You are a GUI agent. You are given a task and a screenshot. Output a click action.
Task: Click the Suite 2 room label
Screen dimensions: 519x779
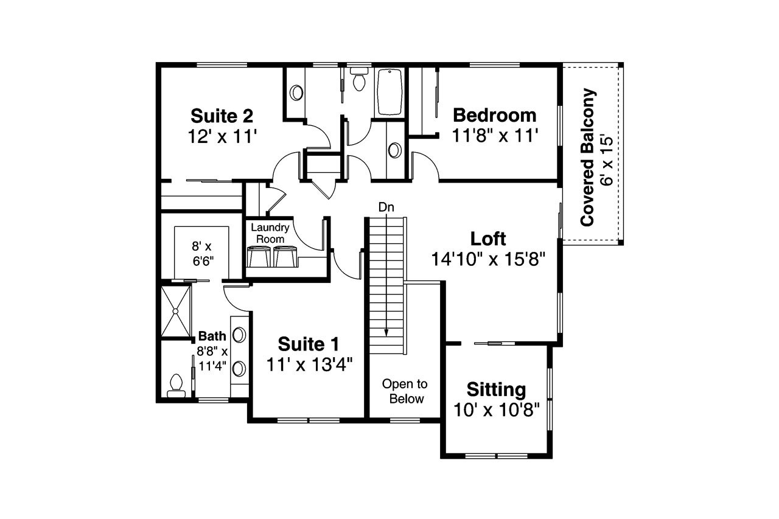tap(222, 116)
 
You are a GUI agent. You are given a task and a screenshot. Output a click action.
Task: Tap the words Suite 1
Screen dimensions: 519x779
tap(309, 344)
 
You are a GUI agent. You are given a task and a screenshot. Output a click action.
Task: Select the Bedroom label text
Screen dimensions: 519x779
tap(495, 115)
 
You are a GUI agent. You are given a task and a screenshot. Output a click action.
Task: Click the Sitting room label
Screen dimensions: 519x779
tap(496, 389)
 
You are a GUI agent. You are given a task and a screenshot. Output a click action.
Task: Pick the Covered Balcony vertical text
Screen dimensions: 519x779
tap(588, 158)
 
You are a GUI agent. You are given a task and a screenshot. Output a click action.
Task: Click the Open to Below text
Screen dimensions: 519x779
tap(405, 391)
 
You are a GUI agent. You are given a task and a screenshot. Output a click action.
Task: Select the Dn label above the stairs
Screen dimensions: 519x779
tap(386, 207)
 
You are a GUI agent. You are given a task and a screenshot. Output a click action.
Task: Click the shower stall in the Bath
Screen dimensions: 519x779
tap(175, 310)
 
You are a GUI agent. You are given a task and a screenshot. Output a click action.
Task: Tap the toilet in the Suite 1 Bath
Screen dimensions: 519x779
tap(176, 383)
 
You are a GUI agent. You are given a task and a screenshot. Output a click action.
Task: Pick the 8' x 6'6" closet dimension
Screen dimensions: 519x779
tap(201, 253)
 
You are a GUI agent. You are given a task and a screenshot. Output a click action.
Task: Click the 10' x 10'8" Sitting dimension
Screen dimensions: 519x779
tap(497, 409)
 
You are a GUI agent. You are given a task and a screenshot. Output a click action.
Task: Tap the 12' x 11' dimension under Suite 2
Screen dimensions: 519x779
tap(222, 136)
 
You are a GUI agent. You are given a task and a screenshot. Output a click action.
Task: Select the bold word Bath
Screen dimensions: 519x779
tap(212, 336)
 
